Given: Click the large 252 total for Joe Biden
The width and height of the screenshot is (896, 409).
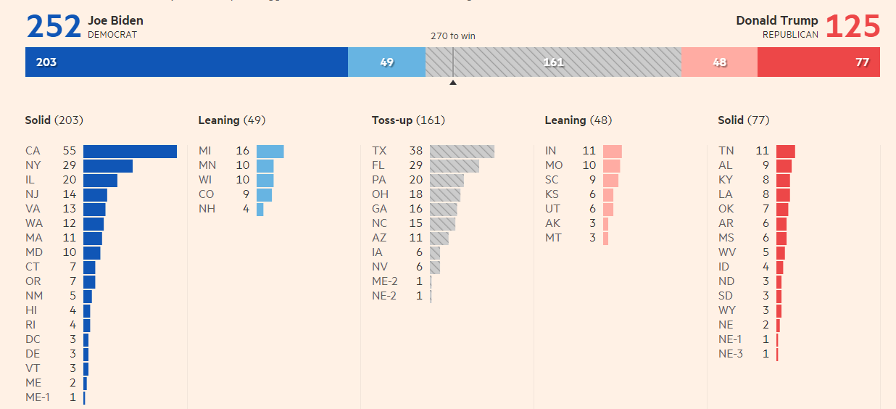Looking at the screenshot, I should pos(54,27).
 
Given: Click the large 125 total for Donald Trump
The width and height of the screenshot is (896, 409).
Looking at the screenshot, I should pos(853,27).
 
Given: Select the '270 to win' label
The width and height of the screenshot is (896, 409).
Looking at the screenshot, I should pos(453,36).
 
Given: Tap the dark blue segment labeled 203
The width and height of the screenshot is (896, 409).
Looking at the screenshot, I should pos(186,62).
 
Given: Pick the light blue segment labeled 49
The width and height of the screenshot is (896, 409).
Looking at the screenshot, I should pos(386,62).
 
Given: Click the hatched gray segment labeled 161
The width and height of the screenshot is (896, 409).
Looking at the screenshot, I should pos(553,62).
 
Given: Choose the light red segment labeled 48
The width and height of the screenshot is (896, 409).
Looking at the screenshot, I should pos(719,62).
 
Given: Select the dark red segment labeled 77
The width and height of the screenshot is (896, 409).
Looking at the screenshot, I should pos(818,62).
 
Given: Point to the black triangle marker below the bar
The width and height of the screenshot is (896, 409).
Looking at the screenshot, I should pos(453,83).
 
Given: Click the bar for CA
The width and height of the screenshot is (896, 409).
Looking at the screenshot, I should pos(130,151).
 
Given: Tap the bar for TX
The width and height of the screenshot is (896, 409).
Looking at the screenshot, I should pos(462,151).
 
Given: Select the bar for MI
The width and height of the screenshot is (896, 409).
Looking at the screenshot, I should pos(270,151).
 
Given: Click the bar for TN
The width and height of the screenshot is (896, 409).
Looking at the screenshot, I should pos(785,151).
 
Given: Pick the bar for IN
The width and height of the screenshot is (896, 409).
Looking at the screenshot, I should pos(612,151).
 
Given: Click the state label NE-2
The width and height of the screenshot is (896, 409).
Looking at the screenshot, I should pos(384,296).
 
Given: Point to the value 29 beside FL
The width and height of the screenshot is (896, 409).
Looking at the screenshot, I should pos(415,165).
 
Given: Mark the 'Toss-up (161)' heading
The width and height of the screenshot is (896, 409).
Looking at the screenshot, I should pos(408,120).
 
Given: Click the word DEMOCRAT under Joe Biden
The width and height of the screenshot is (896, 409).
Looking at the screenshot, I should pos(112,34).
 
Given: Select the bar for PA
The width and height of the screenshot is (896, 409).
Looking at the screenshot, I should pos(447,180).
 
